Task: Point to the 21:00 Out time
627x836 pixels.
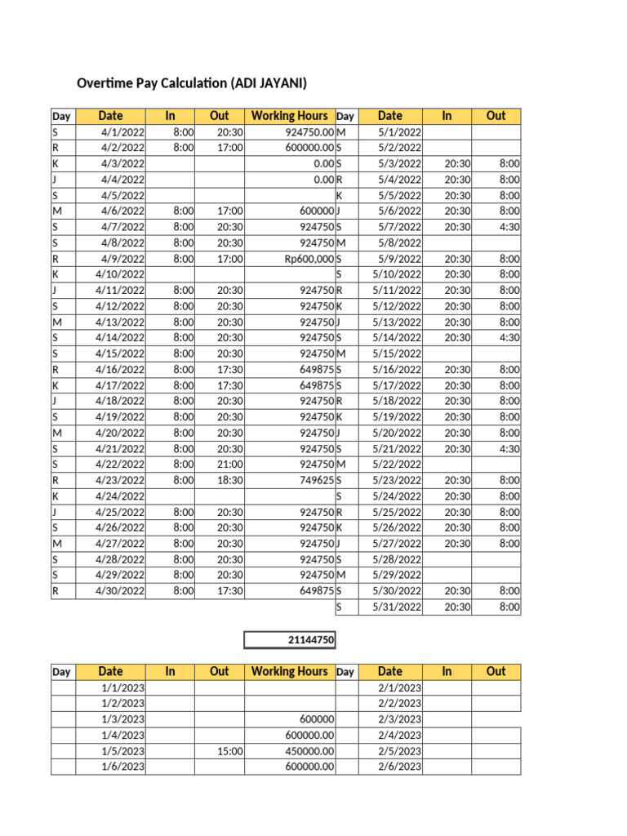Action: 230,464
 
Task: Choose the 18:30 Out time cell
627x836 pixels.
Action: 230,480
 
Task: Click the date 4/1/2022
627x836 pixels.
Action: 123,131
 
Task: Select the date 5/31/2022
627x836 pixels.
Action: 400,607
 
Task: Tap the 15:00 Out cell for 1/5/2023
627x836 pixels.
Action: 230,750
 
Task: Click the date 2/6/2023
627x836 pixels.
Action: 400,766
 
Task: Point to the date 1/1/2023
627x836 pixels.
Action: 123,687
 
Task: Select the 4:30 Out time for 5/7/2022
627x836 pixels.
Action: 509,226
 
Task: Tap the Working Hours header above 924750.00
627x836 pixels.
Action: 290,116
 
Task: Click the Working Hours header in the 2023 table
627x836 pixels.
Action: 290,671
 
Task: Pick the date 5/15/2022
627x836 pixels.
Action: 400,354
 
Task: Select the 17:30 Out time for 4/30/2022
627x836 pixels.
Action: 230,591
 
